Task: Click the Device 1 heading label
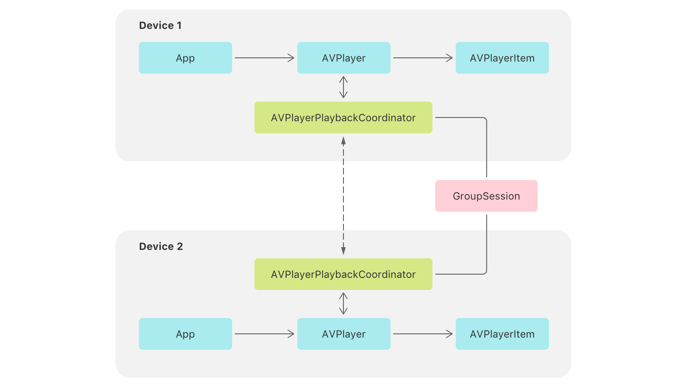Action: [x=160, y=26]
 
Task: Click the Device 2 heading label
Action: [x=161, y=247]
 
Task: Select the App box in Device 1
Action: [x=185, y=58]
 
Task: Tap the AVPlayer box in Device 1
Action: [x=343, y=58]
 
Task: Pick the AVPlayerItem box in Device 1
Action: [x=502, y=58]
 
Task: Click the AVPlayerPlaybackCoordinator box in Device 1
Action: [x=343, y=117]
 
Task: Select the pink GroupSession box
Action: [x=486, y=196]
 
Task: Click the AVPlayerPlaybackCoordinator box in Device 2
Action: [x=343, y=274]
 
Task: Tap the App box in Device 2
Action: [x=185, y=334]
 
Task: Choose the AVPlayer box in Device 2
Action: [x=343, y=334]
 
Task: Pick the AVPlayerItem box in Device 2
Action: [x=502, y=334]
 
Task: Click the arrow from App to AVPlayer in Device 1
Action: [x=264, y=58]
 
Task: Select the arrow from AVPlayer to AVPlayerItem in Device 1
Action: [x=423, y=58]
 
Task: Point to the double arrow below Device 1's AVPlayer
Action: [x=343, y=87]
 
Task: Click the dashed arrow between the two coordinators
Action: [x=343, y=196]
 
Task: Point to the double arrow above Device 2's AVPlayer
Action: [x=343, y=304]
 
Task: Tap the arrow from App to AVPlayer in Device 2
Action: [x=264, y=334]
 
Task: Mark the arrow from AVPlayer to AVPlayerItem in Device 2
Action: [x=423, y=334]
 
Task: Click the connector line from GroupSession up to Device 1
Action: [x=486, y=149]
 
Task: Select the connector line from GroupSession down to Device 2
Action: [x=486, y=242]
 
